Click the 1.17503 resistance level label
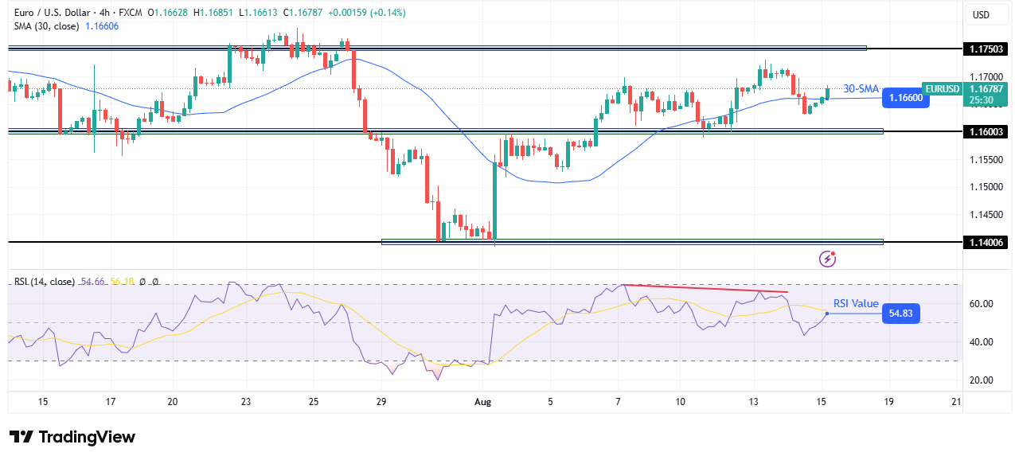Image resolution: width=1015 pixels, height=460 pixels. click(x=985, y=49)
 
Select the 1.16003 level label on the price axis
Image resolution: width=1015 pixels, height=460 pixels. click(x=985, y=131)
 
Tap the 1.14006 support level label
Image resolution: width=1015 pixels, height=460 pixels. click(x=985, y=242)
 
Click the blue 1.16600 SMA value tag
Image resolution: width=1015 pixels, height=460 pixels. click(x=906, y=98)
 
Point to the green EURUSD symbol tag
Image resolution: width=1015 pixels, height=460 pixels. click(x=942, y=88)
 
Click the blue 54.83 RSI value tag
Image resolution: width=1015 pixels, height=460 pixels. click(x=901, y=314)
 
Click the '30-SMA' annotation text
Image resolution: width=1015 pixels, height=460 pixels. click(x=861, y=88)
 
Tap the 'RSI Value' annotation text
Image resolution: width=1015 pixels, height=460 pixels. click(x=856, y=303)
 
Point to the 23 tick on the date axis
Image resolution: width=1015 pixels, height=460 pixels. click(x=246, y=402)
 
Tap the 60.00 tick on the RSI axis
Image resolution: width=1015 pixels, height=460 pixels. click(x=980, y=303)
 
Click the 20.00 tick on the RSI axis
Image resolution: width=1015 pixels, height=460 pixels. click(x=980, y=380)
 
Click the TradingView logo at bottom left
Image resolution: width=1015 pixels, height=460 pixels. click(x=72, y=437)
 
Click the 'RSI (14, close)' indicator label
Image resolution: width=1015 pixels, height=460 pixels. click(x=45, y=282)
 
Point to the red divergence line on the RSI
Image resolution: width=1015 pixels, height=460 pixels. click(x=705, y=289)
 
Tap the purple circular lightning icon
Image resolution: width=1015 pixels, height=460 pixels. click(x=828, y=258)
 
